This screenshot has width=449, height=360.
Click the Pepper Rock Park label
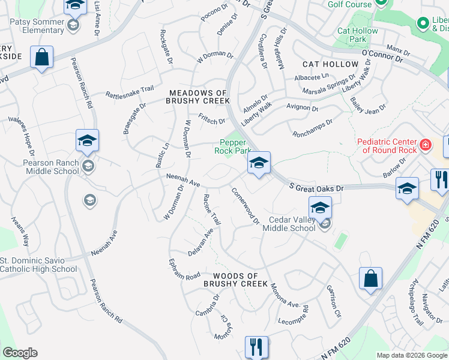pyautogui.click(x=233, y=146)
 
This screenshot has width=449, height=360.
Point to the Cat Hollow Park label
pyautogui.click(x=358, y=35)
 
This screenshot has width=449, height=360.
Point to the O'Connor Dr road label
pyautogui.click(x=390, y=57)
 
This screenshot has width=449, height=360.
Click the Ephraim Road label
pyautogui.click(x=184, y=271)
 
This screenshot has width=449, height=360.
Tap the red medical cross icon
pyautogui.click(x=425, y=145)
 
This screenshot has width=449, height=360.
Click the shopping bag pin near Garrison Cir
pyautogui.click(x=370, y=278)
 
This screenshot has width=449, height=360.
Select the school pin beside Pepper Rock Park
pyautogui.click(x=259, y=163)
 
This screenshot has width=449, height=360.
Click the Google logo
pyautogui.click(x=20, y=353)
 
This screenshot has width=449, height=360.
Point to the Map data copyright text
pyautogui.click(x=412, y=355)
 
